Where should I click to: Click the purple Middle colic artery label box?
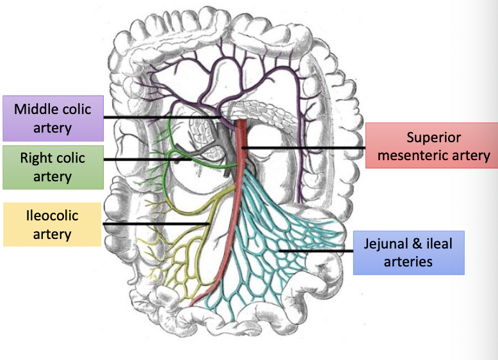tap(53, 119)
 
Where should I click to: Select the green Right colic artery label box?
tap(52, 167)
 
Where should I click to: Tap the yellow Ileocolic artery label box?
tap(52, 224)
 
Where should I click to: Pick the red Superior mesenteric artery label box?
tap(433, 146)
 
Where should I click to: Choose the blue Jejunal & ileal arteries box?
tap(408, 252)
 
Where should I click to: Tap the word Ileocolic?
tap(52, 215)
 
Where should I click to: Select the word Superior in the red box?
tap(433, 137)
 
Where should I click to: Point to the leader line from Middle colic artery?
tap(160, 118)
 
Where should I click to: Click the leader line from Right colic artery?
tap(147, 160)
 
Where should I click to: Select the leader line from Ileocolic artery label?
tap(154, 224)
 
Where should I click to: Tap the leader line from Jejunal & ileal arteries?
tap(317, 251)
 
